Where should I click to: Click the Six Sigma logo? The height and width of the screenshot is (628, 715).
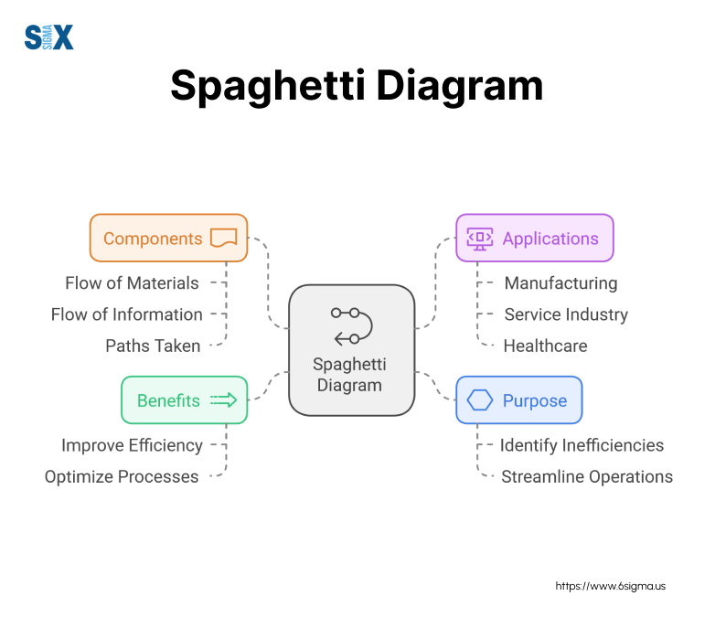click(x=48, y=37)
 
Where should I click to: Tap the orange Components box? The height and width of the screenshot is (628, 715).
click(x=168, y=239)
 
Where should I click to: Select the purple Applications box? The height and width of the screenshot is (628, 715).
click(x=535, y=239)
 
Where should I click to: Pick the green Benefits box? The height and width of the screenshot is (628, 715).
click(x=184, y=400)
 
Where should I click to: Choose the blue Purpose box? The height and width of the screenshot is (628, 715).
click(x=518, y=400)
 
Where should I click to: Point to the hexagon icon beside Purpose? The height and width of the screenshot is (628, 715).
click(x=480, y=400)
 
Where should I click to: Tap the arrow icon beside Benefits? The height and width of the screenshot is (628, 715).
click(x=224, y=400)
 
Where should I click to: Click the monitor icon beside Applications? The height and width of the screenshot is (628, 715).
click(x=480, y=239)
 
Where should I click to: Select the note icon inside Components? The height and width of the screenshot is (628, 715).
click(x=223, y=239)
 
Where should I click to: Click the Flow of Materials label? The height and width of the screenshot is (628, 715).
click(x=132, y=283)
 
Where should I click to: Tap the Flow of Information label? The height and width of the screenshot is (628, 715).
click(x=127, y=314)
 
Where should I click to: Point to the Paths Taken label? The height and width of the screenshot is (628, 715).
click(x=154, y=346)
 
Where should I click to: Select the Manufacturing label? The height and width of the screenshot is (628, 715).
click(x=560, y=283)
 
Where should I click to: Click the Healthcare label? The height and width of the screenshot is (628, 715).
click(x=545, y=346)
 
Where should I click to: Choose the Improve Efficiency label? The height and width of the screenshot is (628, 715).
click(x=132, y=446)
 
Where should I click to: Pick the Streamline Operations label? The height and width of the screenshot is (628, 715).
click(x=586, y=477)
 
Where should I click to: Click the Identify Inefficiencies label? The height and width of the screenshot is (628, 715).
click(x=582, y=446)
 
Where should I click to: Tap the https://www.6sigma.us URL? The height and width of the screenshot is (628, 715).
click(x=611, y=585)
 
